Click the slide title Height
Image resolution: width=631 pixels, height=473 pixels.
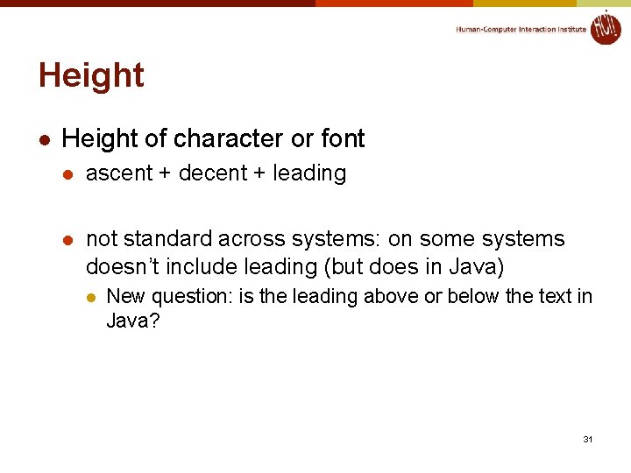tap(91, 76)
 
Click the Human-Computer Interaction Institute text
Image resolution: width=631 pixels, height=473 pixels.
tap(521, 29)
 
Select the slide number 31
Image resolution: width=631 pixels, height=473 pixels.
tap(588, 438)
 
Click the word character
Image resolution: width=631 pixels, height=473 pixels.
tap(230, 138)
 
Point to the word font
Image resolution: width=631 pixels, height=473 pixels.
tap(343, 138)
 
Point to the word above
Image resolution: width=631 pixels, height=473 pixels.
tap(391, 297)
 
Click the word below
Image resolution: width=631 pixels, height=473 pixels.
tap(472, 297)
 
